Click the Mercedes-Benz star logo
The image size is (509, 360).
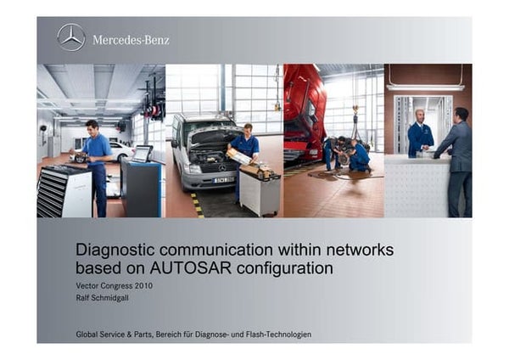71,38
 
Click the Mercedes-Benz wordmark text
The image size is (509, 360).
131,40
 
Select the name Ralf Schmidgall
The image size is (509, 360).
105,298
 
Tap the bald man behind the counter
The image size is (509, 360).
420,132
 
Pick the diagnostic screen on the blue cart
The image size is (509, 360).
143,154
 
